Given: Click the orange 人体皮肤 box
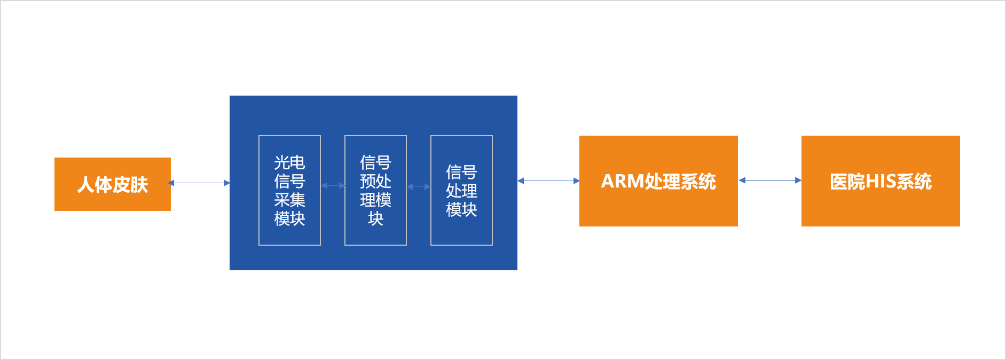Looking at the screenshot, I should tap(112, 184).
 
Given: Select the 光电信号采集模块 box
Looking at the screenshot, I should tap(289, 190).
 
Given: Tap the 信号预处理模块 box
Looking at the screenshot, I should tap(375, 190).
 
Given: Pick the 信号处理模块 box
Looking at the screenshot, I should tap(461, 190).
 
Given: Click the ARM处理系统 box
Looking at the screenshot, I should tap(658, 181).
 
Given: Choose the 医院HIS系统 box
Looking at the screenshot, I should tap(881, 181).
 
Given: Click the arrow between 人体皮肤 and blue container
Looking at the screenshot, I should tap(200, 183).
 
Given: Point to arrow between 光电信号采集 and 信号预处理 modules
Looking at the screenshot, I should tap(333, 186).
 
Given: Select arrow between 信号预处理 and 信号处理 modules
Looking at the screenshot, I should tap(419, 186).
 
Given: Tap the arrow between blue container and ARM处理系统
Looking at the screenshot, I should tap(548, 181).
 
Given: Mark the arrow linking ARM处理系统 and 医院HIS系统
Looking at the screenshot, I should tap(769, 181).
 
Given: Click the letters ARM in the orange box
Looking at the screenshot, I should tap(623, 182).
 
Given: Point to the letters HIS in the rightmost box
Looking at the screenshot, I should tap(881, 182).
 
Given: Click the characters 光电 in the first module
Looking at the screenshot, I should tap(289, 162).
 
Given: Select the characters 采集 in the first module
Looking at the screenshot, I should tap(289, 200).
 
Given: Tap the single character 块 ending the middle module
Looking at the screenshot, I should tap(375, 218).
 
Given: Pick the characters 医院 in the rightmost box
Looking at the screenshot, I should tap(847, 182).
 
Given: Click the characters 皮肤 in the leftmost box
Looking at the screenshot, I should tap(130, 185).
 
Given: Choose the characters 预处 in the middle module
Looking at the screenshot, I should tap(375, 181).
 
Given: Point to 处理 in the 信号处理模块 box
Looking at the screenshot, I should tap(461, 191).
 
